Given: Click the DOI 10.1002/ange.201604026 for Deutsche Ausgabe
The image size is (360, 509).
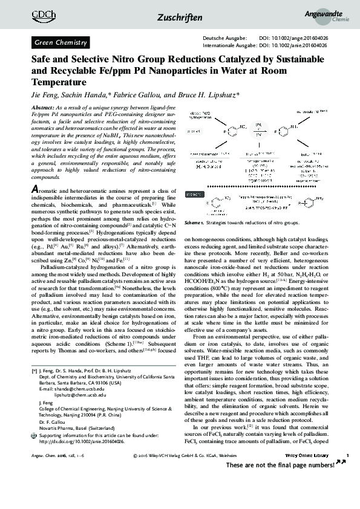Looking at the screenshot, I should (293, 39).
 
